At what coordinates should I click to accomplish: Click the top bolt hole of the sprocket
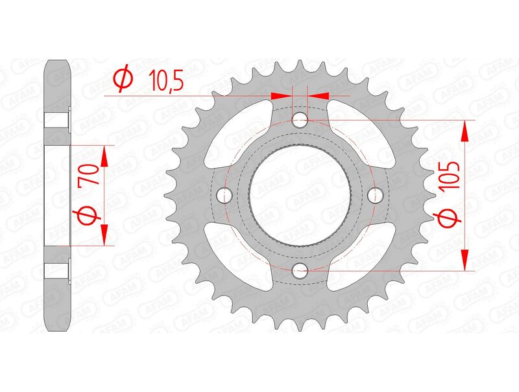click(300, 120)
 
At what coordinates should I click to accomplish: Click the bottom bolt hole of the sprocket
click(300, 271)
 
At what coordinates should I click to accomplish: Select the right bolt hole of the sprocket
click(374, 194)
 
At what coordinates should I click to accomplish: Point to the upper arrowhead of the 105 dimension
click(465, 132)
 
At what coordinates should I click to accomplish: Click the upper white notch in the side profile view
click(57, 121)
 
